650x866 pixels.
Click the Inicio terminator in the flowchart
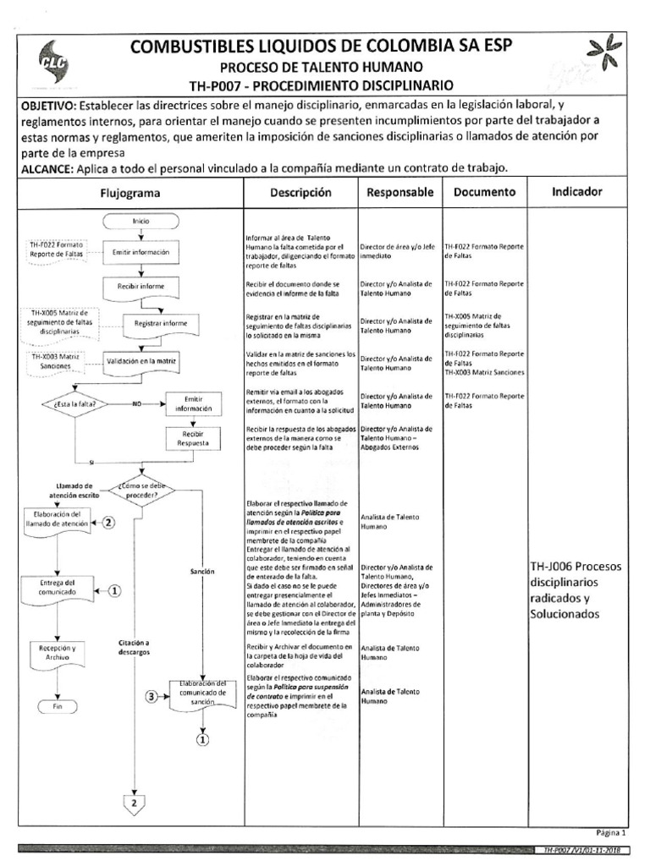point(140,221)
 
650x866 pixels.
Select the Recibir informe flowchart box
point(140,287)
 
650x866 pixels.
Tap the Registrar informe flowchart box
point(160,322)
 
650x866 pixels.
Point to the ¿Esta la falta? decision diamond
point(74,404)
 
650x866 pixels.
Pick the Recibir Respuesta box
point(188,439)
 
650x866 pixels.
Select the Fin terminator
point(58,705)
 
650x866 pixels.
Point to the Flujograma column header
point(130,193)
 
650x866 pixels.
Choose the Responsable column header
point(399,193)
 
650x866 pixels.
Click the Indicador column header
point(576,192)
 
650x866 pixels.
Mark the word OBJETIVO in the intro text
point(47,106)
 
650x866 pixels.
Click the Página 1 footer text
point(610,831)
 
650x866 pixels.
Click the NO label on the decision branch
point(136,404)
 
